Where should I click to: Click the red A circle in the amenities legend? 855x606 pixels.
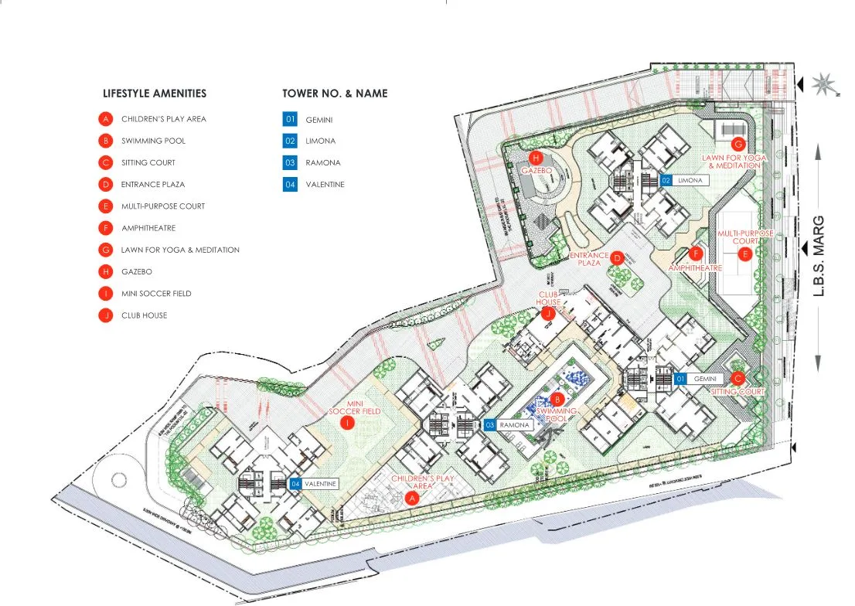coord(105,119)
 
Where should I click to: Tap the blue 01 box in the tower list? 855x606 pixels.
coord(290,119)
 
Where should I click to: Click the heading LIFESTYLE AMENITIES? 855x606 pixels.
coord(155,94)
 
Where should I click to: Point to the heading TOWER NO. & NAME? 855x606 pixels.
coord(335,94)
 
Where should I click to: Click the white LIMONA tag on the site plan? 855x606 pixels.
coord(690,180)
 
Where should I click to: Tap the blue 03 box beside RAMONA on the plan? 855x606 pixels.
coord(490,424)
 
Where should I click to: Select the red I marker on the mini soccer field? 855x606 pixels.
coord(348,423)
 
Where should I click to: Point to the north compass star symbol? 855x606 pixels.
coord(821,81)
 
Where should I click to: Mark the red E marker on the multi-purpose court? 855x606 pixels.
coord(744,254)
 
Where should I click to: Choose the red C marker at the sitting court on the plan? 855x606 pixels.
coord(737,379)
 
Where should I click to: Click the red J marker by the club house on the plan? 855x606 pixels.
coord(549,313)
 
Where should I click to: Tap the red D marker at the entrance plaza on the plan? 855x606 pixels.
coord(617,257)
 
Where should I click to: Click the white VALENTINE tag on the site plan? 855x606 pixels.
coord(320,484)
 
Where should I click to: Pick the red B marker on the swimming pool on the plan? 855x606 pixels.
coord(557,400)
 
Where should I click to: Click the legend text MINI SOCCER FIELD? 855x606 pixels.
coord(156,294)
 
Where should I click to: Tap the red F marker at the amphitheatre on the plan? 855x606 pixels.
coord(695,254)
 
